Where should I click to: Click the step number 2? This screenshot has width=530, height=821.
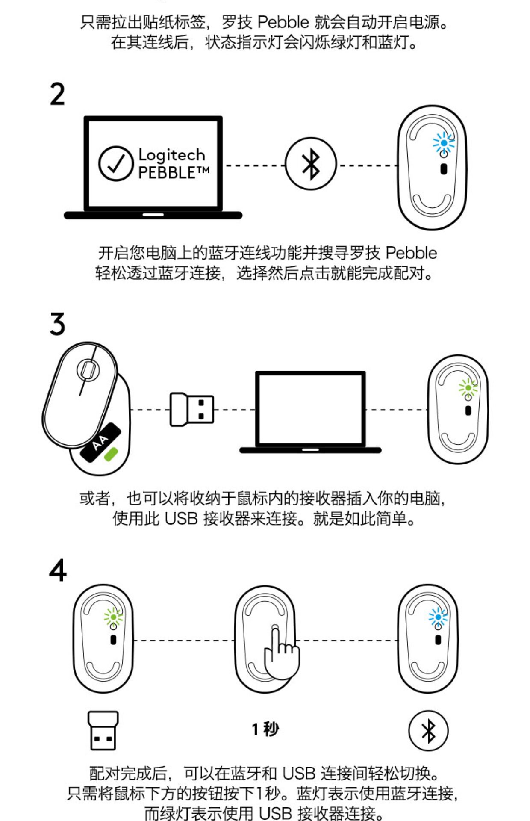(x=57, y=95)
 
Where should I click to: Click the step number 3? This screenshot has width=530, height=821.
(x=57, y=324)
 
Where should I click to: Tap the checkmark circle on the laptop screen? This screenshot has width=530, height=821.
(x=115, y=163)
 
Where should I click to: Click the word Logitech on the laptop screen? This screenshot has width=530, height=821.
(x=171, y=154)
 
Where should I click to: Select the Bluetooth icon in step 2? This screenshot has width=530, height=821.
(x=311, y=164)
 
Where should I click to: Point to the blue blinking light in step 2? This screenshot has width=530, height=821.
(x=444, y=143)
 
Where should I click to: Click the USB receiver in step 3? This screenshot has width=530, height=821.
(x=191, y=409)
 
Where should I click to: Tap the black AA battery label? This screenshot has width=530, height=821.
(x=101, y=443)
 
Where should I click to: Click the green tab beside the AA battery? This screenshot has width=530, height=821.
(x=112, y=454)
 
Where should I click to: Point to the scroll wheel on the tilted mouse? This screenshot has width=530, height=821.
(x=88, y=369)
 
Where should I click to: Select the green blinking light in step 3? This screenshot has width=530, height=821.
(x=468, y=388)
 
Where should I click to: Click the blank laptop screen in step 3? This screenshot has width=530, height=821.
(x=310, y=409)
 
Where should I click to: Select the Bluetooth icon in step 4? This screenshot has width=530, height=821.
(x=428, y=731)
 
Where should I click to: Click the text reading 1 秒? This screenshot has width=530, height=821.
(x=265, y=729)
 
